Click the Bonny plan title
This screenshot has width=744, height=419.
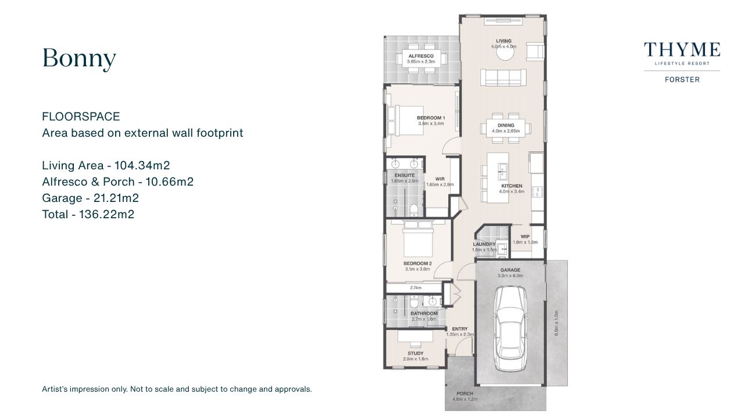[x=79, y=59]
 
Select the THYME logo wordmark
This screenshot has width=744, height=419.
[x=682, y=50]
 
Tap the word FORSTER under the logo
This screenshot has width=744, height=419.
[x=682, y=80]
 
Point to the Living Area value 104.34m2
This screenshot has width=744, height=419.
[x=142, y=165]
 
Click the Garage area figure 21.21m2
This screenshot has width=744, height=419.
[x=116, y=198]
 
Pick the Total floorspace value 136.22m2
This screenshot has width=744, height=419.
[x=106, y=214]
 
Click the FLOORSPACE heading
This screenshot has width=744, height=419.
[x=81, y=116]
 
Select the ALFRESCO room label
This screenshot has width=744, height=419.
[x=421, y=56]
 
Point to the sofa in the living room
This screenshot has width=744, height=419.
[x=503, y=78]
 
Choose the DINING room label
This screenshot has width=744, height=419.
[x=506, y=125]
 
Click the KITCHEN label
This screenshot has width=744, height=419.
[x=512, y=186]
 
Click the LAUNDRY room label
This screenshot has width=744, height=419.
[x=484, y=244]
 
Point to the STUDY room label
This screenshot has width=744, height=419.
[x=416, y=353]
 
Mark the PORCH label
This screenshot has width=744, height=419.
[x=464, y=393]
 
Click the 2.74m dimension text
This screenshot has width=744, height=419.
[x=416, y=287]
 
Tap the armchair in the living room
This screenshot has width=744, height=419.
[x=535, y=52]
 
